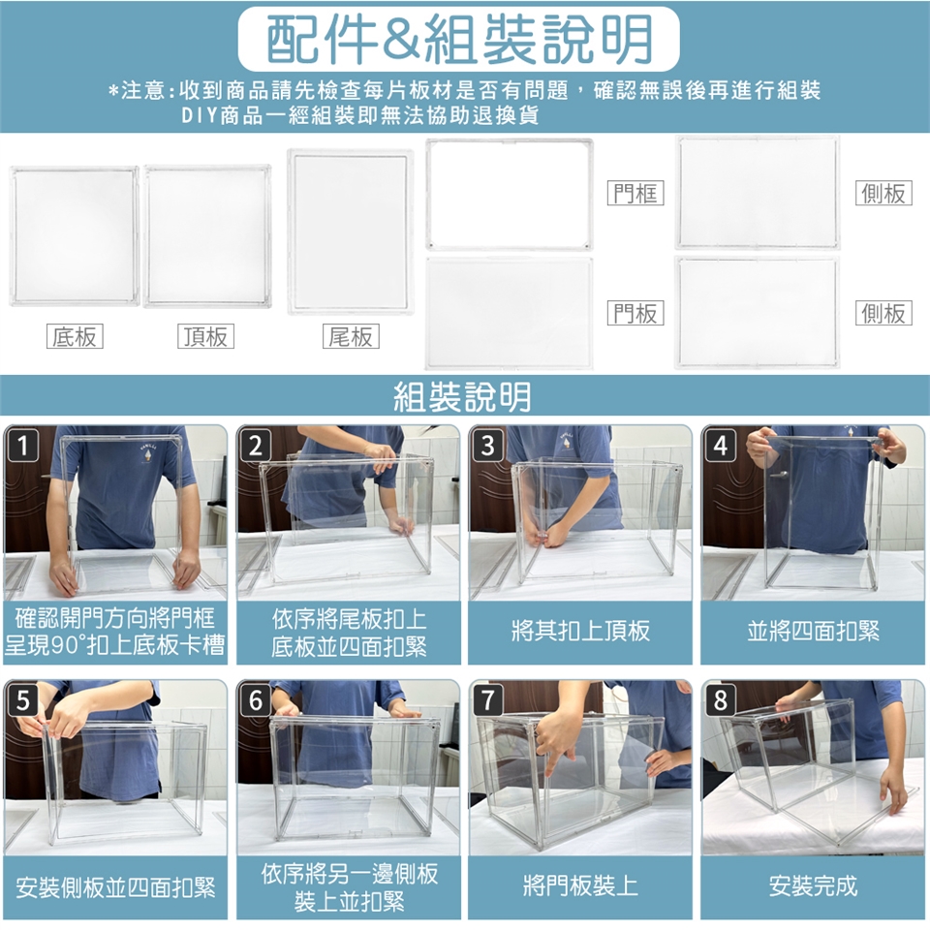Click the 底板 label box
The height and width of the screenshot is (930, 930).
[75, 336]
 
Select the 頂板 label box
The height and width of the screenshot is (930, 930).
[205, 336]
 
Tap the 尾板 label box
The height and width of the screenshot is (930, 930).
[351, 336]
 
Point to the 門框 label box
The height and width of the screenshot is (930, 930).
[635, 193]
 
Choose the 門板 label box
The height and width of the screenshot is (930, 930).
[635, 313]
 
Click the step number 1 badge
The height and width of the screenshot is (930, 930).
[22, 445]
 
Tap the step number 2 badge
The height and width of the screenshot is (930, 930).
[255, 445]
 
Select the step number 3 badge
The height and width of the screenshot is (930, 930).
[487, 445]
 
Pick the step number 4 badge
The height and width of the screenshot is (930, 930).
[720, 445]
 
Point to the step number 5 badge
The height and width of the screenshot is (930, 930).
[22, 699]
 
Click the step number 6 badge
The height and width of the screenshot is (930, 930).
[255, 699]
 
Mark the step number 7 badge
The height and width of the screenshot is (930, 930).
[487, 699]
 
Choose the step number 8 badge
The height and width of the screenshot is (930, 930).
[720, 699]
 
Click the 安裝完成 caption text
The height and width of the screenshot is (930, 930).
[813, 885]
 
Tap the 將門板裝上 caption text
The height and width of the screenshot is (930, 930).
[580, 885]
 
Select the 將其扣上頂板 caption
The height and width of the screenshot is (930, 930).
[580, 631]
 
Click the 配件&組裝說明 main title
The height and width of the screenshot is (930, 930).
[459, 39]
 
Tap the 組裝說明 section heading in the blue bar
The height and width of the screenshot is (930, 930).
[463, 396]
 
